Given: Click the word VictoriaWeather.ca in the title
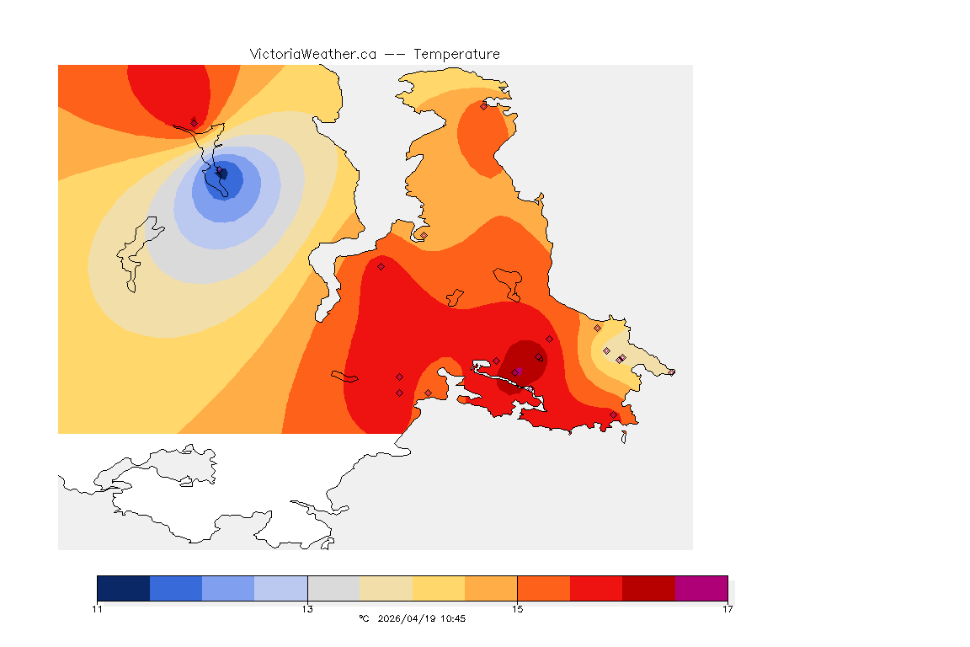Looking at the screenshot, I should [x=312, y=54].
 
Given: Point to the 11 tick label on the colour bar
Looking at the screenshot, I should [x=98, y=609].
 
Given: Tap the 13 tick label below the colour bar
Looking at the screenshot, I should [x=307, y=609].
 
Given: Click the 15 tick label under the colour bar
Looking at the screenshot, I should [x=517, y=609].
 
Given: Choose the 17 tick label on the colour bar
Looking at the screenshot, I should [x=727, y=609].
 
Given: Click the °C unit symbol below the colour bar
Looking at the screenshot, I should [x=364, y=618].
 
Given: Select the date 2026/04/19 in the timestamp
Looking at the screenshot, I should [x=408, y=618].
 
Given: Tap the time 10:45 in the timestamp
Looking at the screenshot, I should [x=454, y=618].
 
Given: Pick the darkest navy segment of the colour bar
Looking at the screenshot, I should [x=124, y=588].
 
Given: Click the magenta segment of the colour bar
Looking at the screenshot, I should [x=701, y=588].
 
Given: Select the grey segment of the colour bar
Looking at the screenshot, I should [x=333, y=588].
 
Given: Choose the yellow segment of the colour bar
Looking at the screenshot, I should [x=439, y=588].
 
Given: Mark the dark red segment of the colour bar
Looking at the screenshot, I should [x=648, y=588].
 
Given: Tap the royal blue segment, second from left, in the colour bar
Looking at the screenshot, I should [x=176, y=588].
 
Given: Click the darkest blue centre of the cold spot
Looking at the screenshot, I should [x=224, y=175].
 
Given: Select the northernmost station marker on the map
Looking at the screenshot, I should [x=483, y=106].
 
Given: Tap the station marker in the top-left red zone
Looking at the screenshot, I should [x=194, y=123].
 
